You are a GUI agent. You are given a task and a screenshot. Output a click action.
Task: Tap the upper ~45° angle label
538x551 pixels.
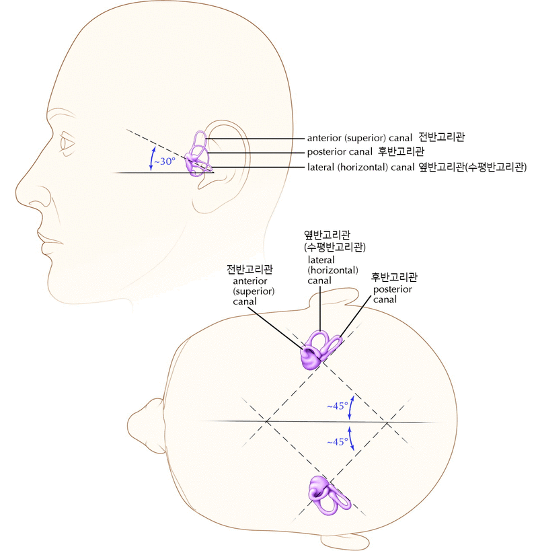pyautogui.click(x=338, y=406)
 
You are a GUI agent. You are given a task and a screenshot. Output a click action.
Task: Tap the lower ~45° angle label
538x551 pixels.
pyautogui.click(x=338, y=442)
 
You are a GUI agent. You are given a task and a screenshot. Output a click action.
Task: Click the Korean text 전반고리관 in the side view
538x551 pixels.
pyautogui.click(x=442, y=137)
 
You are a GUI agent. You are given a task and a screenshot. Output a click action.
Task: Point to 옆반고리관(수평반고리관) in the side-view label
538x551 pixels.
pyautogui.click(x=471, y=166)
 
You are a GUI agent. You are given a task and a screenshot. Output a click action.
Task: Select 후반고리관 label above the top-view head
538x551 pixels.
pyautogui.click(x=395, y=277)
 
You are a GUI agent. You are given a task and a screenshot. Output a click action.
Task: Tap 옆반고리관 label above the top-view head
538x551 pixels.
pyautogui.click(x=328, y=235)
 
